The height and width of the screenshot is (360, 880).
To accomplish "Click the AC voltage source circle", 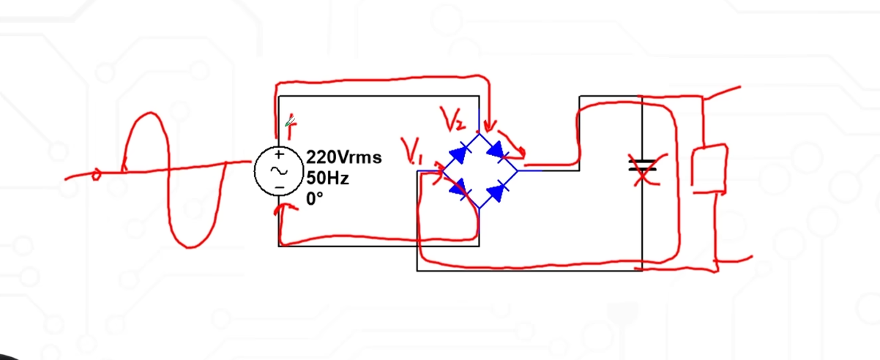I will point(279,170).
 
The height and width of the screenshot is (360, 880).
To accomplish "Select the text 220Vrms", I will point(343,157).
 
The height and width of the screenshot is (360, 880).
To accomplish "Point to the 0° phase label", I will point(314,198).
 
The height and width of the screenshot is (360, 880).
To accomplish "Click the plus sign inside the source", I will point(279,155).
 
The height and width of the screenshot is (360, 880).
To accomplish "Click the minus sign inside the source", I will point(279,187).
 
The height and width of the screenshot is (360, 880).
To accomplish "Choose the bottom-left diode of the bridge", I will point(459,190).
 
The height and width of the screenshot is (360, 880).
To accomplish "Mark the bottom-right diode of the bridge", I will point(498,191).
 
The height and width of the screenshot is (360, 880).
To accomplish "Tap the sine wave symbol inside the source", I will point(279,170).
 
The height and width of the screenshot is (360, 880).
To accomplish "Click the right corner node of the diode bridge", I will point(518,170).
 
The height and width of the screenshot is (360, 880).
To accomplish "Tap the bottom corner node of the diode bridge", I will point(478,209).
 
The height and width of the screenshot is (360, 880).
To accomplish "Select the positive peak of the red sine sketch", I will point(150,115).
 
